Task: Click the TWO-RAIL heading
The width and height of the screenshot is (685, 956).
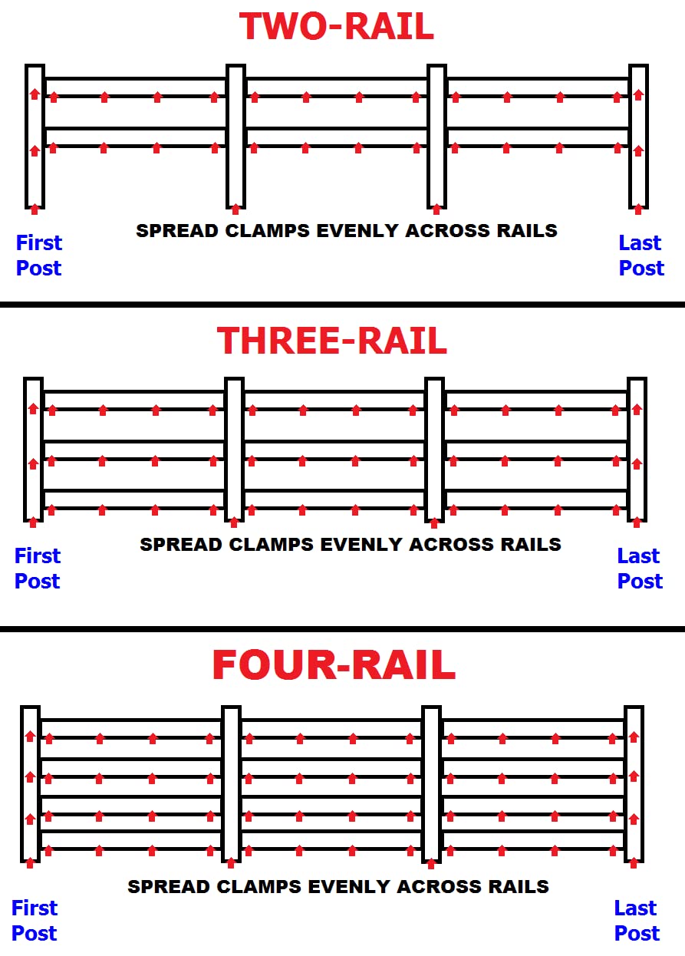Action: pos(336,26)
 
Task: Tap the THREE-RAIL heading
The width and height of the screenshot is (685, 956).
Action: pos(332,341)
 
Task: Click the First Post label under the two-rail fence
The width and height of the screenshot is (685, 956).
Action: pos(39,255)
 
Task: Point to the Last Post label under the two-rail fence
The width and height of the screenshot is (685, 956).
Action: pos(641,255)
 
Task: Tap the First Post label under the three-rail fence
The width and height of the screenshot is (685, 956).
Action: pos(38,568)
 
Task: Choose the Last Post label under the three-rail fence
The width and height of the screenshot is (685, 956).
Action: pos(640,568)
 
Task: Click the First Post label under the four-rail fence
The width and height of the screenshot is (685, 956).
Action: pos(35,920)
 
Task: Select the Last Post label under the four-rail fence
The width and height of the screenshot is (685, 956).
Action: pos(637,920)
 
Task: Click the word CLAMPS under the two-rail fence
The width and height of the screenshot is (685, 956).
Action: pos(267,231)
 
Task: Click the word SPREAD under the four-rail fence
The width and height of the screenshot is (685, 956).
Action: pos(170,887)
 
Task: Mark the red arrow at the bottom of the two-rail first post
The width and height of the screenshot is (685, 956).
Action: pos(35,209)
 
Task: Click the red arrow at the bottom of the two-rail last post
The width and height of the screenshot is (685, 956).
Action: pos(638,209)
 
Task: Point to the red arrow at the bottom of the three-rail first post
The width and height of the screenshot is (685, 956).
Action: pos(33,523)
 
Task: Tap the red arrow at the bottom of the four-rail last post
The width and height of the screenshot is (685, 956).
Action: pos(634,863)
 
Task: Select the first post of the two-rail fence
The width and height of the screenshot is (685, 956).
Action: pos(35,137)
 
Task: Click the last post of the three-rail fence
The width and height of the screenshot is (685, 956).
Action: pos(637,450)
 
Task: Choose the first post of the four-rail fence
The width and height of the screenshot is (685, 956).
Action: pos(31,784)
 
